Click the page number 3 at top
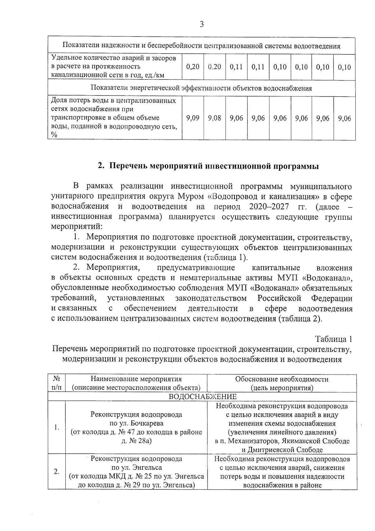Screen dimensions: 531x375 (202, 24)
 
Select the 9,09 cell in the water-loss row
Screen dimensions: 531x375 (192, 118)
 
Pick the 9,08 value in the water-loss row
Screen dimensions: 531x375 (214, 118)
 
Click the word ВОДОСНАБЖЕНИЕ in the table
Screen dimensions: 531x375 (202, 397)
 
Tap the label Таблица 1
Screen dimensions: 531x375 (333, 339)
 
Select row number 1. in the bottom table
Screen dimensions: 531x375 (57, 427)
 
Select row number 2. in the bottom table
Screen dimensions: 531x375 (57, 472)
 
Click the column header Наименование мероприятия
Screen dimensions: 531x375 (136, 379)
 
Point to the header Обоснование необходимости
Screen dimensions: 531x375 (282, 379)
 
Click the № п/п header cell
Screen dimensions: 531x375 (57, 383)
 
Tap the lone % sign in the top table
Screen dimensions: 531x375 (54, 135)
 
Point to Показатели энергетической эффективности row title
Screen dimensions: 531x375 (201, 88)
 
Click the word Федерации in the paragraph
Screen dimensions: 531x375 (332, 298)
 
